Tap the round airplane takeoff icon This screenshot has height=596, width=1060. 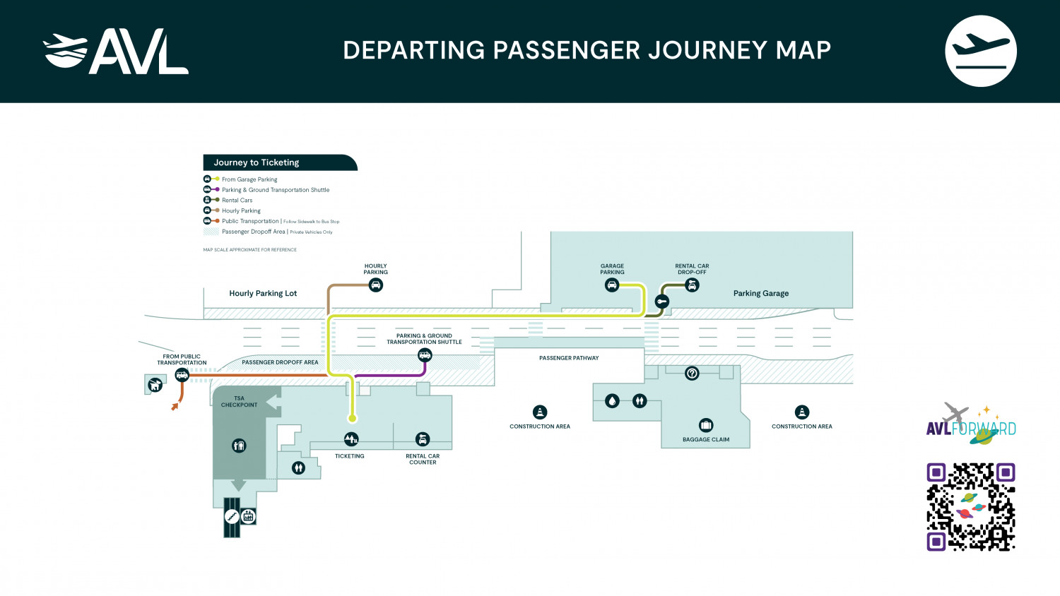tap(980, 52)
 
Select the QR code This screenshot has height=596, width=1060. tap(971, 506)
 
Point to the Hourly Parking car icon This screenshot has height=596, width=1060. tap(376, 285)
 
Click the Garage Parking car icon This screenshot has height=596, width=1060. tap(612, 285)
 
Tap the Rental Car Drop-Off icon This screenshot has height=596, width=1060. tap(692, 285)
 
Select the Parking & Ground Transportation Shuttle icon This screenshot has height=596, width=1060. tap(425, 355)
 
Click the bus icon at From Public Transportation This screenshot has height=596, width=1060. tap(182, 375)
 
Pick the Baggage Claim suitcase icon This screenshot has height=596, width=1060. tap(706, 425)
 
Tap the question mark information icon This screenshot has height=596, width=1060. tap(692, 373)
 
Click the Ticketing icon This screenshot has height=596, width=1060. tap(351, 439)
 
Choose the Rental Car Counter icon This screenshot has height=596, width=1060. tap(423, 439)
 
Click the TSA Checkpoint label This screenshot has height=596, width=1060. tap(239, 402)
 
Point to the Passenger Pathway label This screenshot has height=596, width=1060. tap(569, 358)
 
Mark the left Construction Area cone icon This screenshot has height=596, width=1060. tap(540, 412)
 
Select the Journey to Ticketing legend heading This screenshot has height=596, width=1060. tap(257, 162)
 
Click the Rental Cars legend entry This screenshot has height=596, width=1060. tap(237, 201)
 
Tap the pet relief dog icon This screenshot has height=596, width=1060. tap(155, 385)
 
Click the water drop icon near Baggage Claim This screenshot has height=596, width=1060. tap(612, 401)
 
